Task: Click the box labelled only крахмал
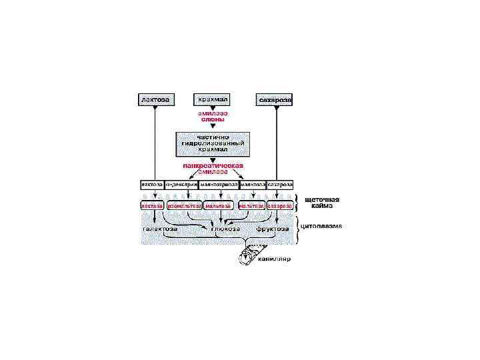pos(213,99)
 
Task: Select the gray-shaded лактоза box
pos(155,99)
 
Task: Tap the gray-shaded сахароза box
pos(275,99)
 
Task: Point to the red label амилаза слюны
pos(211,117)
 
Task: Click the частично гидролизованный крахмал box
pos(212,143)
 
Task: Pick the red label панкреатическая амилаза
pos(213,168)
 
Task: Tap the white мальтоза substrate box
pos(253,184)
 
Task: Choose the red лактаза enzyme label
pos(153,206)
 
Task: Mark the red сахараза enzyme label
pos(279,206)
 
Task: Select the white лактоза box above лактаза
pos(151,184)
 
